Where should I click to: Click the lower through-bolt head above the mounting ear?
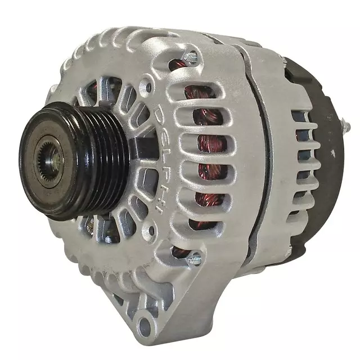(194, 259)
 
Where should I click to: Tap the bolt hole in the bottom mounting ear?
(145, 325)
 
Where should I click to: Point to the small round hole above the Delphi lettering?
(148, 87)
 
